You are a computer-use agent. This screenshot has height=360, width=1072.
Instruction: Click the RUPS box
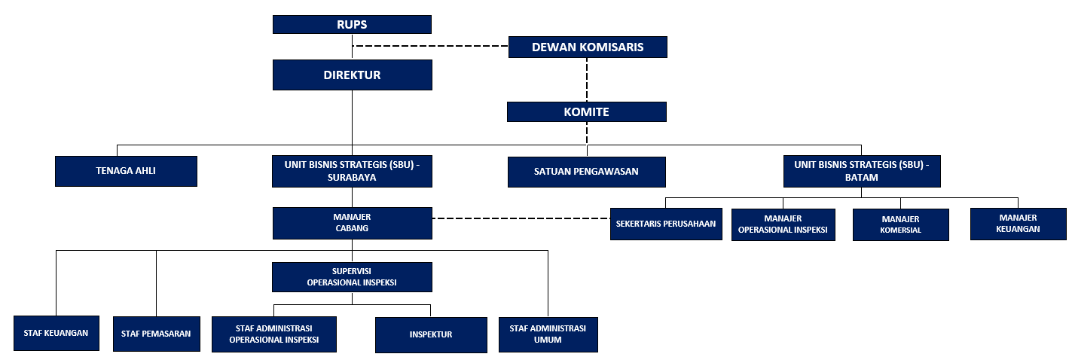[x=352, y=24]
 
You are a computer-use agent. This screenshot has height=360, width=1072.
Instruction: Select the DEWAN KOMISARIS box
[x=588, y=47]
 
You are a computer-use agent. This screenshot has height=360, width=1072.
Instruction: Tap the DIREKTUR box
[x=353, y=75]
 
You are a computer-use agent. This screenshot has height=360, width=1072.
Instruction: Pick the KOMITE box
[x=587, y=111]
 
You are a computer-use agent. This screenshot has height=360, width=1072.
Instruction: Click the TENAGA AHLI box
[x=126, y=171]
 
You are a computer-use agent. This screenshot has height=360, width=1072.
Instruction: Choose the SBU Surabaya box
[x=352, y=171]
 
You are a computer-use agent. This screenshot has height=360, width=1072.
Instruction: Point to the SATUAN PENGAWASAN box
[x=587, y=172]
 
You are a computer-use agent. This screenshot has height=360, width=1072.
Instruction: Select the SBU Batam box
[x=862, y=171]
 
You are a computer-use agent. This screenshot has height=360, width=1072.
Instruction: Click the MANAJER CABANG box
[x=353, y=223]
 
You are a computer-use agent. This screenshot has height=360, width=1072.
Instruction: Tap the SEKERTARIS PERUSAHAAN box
[x=666, y=224]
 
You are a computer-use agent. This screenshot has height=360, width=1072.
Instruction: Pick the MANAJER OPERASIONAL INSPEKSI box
[x=783, y=224]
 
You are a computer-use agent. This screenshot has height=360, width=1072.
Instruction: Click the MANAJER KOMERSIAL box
[x=901, y=224]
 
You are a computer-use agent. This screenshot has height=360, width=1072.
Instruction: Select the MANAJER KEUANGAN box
[x=1019, y=224]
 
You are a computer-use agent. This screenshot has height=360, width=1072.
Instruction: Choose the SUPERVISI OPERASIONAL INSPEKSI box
[x=352, y=276]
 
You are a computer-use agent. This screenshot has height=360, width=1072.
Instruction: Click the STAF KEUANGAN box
[x=57, y=333]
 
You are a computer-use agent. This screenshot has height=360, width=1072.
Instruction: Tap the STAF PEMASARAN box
[x=157, y=334]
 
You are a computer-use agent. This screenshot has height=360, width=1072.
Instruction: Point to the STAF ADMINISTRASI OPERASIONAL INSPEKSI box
[x=274, y=334]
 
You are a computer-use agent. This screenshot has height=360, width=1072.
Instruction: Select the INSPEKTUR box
[x=431, y=334]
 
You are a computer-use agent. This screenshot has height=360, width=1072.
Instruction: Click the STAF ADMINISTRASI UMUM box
[x=548, y=334]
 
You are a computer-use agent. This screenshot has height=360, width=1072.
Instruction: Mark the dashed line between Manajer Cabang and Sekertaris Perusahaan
[x=521, y=218]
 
